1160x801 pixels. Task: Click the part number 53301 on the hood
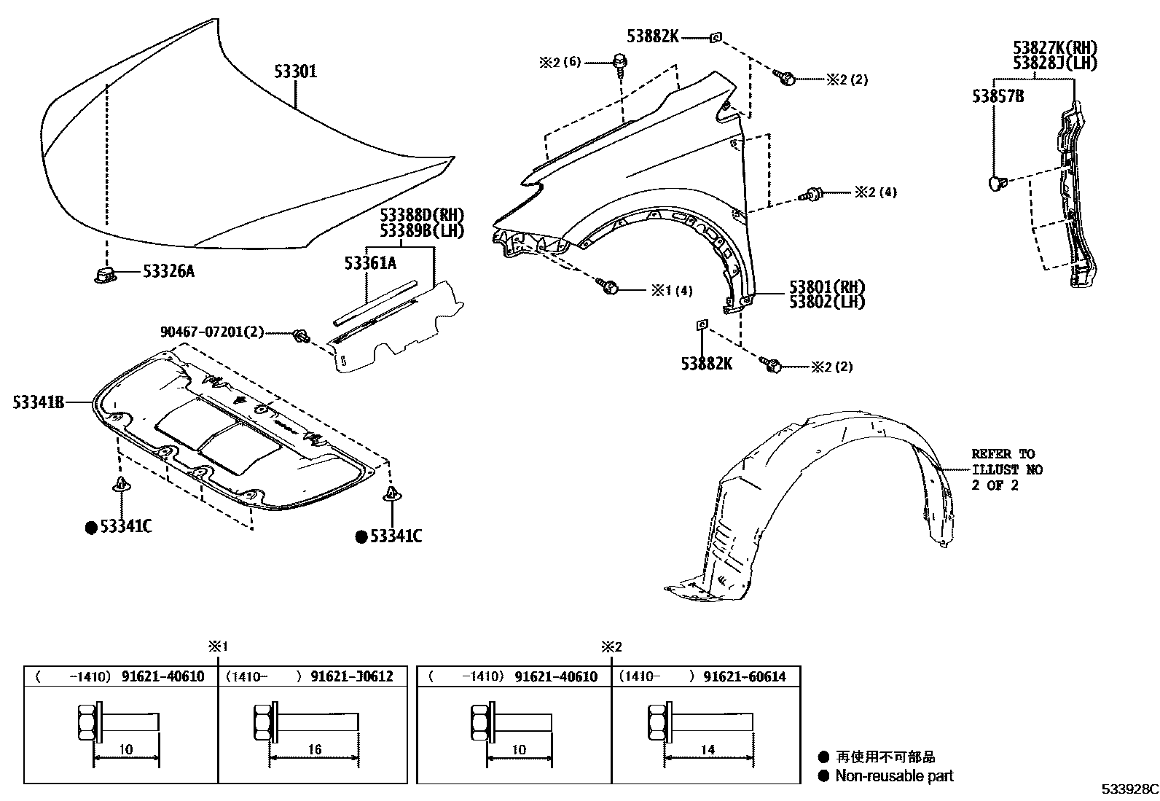pyautogui.click(x=295, y=72)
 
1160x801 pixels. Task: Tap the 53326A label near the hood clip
pyautogui.click(x=168, y=272)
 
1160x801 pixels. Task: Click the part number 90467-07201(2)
pyautogui.click(x=212, y=332)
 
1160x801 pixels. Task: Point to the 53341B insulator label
pyautogui.click(x=39, y=402)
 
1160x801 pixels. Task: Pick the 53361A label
pyautogui.click(x=370, y=263)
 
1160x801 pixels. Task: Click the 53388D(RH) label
pyautogui.click(x=421, y=215)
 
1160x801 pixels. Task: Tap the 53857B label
pyautogui.click(x=998, y=95)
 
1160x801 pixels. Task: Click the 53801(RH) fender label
pyautogui.click(x=826, y=286)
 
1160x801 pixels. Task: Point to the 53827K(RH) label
pyautogui.click(x=1054, y=48)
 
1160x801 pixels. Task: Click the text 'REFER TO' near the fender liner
pyautogui.click(x=1003, y=454)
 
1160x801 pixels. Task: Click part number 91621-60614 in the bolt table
pyautogui.click(x=745, y=676)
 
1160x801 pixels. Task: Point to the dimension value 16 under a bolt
pyautogui.click(x=314, y=750)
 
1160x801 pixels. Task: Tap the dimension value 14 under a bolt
pyautogui.click(x=707, y=750)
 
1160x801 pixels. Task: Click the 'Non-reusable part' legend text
pyautogui.click(x=894, y=776)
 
